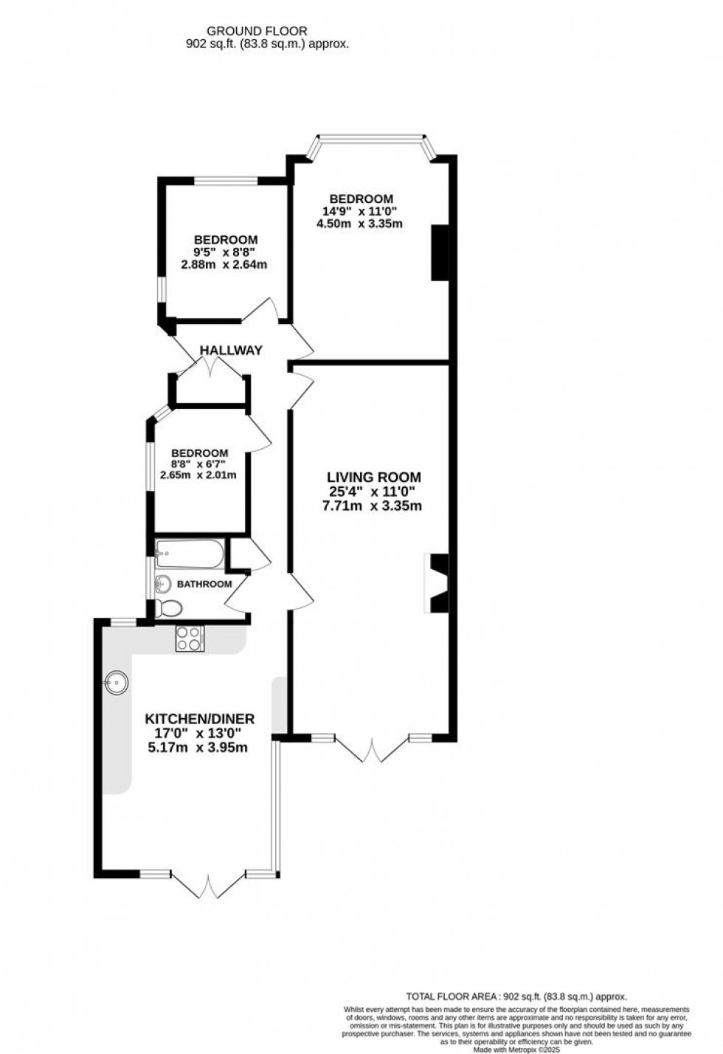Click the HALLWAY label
[231, 351]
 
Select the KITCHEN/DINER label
[199, 719]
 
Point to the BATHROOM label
[204, 584]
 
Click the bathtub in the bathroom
[188, 554]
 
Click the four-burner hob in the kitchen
[190, 638]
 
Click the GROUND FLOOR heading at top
[257, 31]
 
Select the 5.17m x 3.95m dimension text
[199, 748]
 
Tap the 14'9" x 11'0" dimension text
[361, 211]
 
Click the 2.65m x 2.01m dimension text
[199, 475]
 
